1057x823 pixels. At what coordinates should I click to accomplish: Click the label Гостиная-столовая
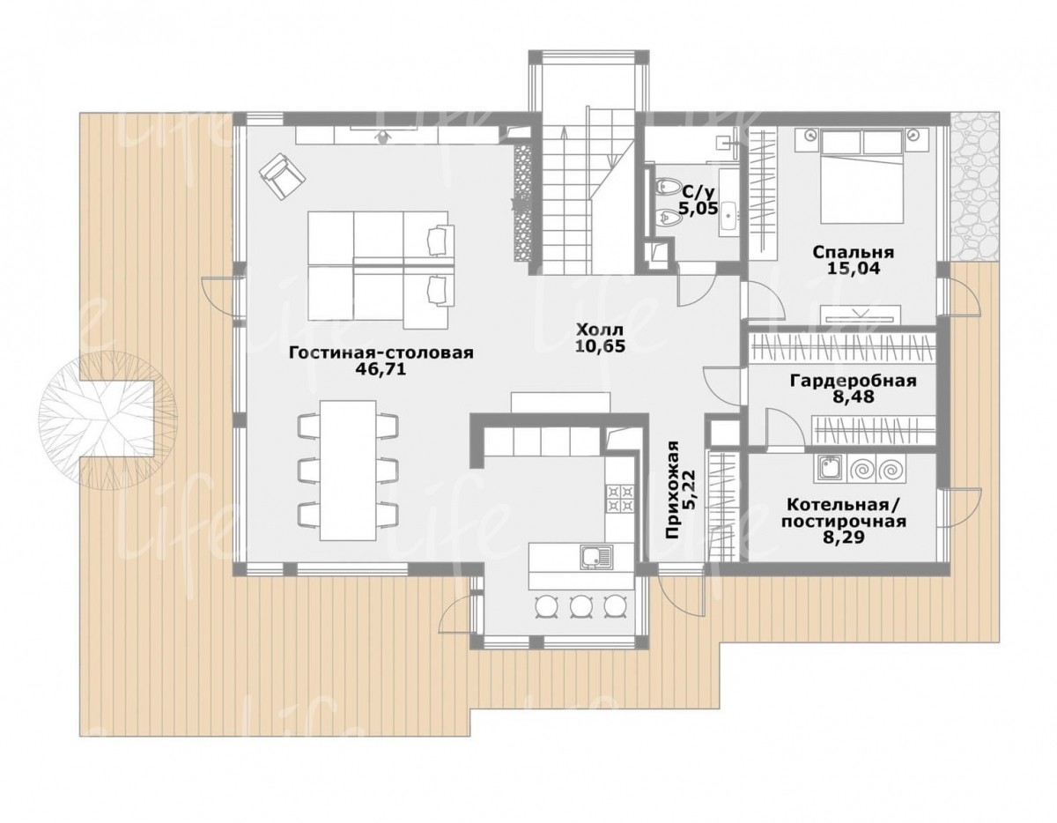click(381, 353)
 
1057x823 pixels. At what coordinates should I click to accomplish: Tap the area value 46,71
click(381, 370)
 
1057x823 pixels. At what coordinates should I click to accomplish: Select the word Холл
click(599, 330)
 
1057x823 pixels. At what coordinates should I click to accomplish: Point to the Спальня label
click(854, 252)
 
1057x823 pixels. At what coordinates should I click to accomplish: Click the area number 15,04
click(854, 269)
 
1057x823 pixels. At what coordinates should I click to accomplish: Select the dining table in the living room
click(348, 470)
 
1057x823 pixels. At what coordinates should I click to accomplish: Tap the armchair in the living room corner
click(283, 175)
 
